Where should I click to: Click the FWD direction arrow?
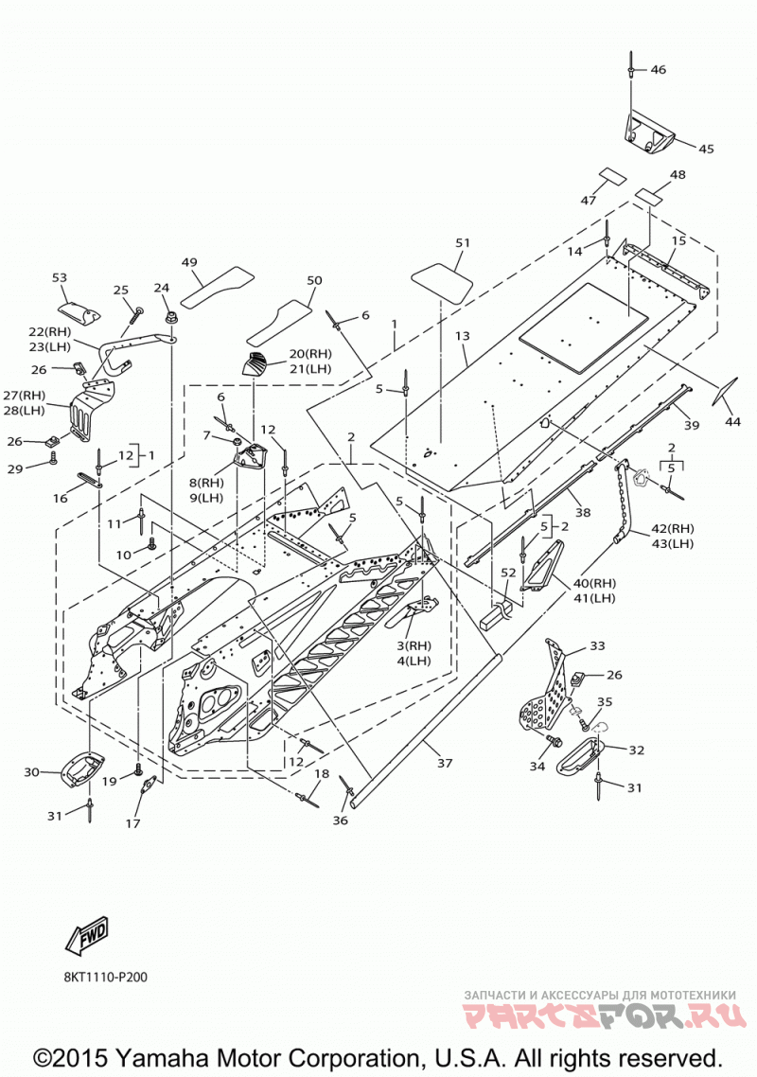(87, 935)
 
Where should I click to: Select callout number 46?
(658, 69)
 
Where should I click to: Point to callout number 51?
(463, 242)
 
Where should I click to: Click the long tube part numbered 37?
(426, 728)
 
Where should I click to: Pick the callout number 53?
(60, 277)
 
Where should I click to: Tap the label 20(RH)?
(309, 354)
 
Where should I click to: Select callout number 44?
(733, 422)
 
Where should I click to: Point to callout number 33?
(597, 645)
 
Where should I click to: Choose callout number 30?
(31, 772)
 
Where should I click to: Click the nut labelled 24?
(168, 318)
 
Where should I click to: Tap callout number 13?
(463, 336)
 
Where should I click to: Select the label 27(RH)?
(24, 395)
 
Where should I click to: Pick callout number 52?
(507, 573)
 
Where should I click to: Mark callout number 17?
(132, 822)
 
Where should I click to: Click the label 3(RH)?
(414, 645)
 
